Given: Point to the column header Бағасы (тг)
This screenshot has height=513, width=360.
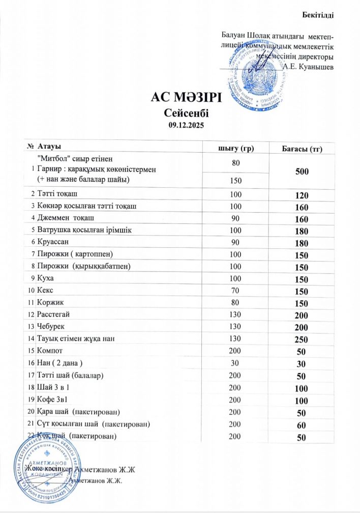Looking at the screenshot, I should [x=303, y=148].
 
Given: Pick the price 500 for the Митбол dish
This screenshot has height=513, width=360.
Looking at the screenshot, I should [x=302, y=172].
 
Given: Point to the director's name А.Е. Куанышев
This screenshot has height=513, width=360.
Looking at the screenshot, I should [x=308, y=66].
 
